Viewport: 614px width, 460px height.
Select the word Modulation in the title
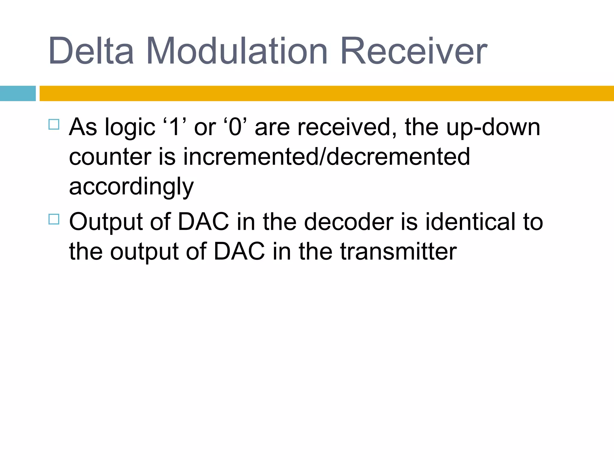[237, 51]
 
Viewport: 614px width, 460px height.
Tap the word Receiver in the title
[414, 51]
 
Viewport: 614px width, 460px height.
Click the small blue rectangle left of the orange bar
[18, 93]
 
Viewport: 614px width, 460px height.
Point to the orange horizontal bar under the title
[327, 93]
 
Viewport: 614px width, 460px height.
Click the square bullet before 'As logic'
[54, 124]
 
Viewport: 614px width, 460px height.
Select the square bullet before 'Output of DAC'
[54, 219]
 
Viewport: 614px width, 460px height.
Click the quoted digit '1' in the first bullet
[175, 127]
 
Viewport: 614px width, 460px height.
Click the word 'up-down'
[493, 127]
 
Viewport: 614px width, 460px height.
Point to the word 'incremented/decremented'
[326, 157]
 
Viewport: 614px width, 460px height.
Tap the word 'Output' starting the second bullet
[106, 222]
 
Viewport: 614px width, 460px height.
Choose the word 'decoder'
[349, 222]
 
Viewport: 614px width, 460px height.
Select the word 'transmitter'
[398, 252]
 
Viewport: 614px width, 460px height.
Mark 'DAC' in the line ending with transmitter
[239, 252]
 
